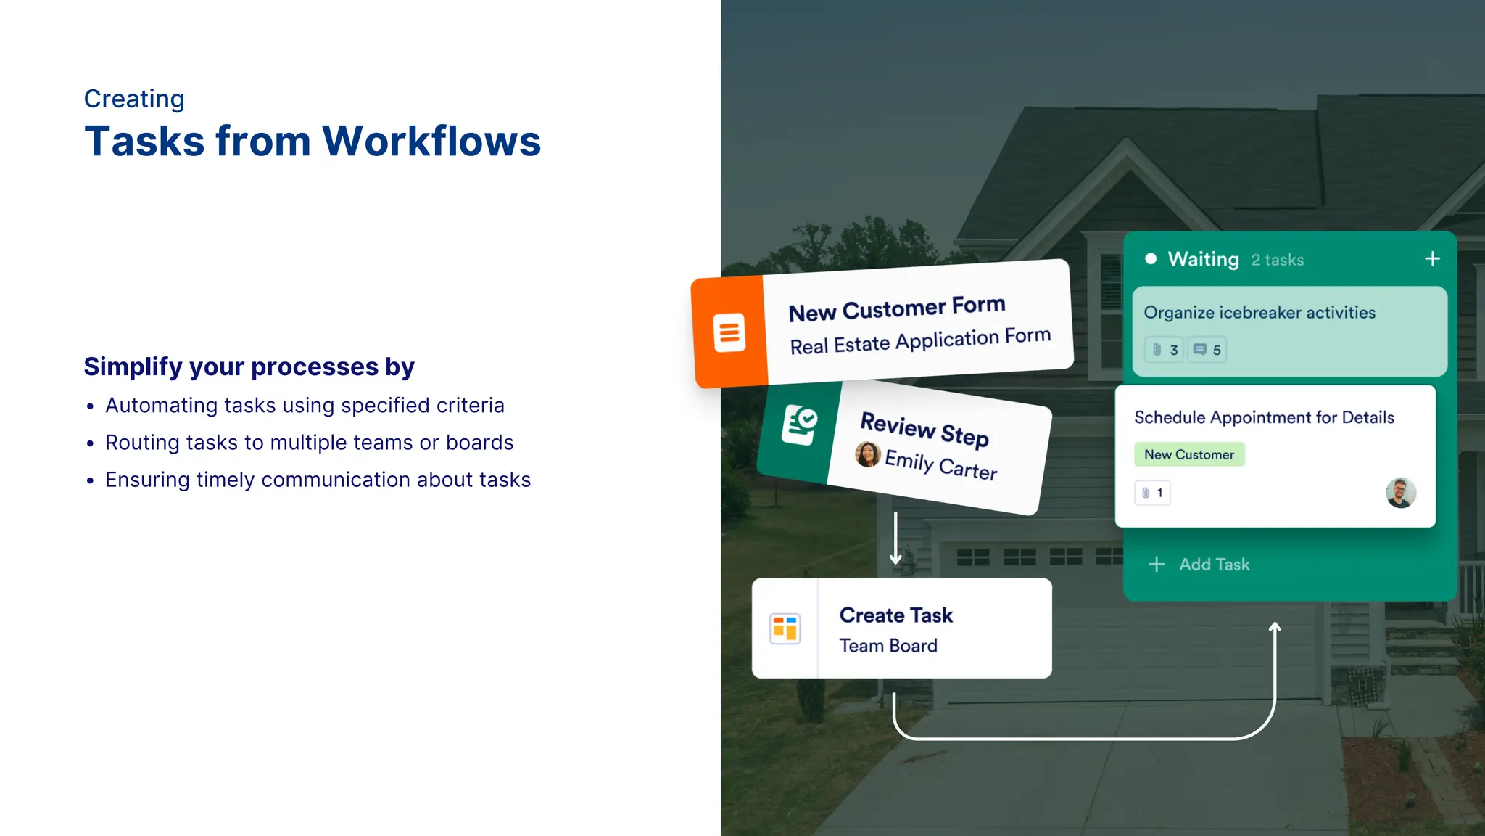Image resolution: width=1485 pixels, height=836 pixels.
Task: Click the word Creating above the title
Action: click(x=134, y=99)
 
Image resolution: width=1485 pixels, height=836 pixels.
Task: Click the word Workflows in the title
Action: click(x=431, y=141)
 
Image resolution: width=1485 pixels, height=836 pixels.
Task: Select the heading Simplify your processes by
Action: click(x=249, y=366)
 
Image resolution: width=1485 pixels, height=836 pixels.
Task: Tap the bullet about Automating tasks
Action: click(x=305, y=405)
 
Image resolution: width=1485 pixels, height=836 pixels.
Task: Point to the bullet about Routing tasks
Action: click(x=309, y=443)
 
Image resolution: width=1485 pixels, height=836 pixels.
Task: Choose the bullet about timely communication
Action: click(x=318, y=480)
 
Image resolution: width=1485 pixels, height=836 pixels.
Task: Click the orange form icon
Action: click(x=729, y=333)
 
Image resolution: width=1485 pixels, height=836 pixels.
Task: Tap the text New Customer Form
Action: click(x=897, y=308)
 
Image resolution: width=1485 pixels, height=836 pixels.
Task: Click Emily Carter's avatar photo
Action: click(x=868, y=454)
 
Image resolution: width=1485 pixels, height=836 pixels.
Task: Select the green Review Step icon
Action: click(x=799, y=425)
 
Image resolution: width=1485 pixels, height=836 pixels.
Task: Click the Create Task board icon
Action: click(x=785, y=628)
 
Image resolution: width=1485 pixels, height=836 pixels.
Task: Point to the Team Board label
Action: click(x=888, y=646)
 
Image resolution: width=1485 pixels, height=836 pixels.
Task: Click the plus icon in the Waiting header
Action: click(x=1432, y=259)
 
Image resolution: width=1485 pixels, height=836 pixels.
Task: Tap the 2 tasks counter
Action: click(x=1277, y=260)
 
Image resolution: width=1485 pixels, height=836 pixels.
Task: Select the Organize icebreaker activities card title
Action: click(x=1259, y=313)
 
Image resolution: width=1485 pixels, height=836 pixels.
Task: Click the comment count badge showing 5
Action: click(x=1207, y=350)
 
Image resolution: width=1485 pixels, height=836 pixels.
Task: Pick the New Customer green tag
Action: click(x=1189, y=454)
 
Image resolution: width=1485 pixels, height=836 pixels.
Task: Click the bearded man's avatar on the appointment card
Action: click(x=1400, y=493)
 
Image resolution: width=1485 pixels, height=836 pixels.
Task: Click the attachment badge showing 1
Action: click(x=1152, y=493)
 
